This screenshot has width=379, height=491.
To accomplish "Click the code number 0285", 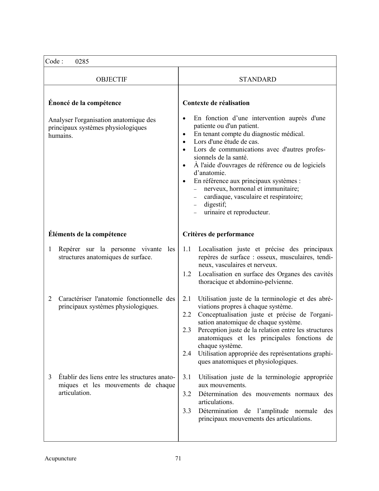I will (82, 62).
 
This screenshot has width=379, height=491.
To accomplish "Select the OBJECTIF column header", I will (111, 79).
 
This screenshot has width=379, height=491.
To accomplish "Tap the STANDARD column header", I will (257, 79).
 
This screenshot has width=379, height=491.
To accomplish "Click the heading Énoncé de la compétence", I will (85, 103).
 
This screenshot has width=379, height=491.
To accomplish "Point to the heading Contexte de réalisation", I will (216, 103).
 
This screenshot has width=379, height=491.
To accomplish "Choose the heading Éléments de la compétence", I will (87, 234).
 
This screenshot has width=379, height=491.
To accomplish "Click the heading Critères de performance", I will (218, 234).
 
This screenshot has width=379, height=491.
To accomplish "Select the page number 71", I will (178, 458).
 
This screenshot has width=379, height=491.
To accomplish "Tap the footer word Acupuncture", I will (60, 459).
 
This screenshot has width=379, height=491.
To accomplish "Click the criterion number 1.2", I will (187, 274).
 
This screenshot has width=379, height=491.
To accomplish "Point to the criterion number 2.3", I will (187, 330).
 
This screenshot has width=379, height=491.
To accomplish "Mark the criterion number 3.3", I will (187, 411).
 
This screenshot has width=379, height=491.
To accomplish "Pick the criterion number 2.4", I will (187, 354).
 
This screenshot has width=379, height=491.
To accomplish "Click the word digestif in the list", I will (215, 204).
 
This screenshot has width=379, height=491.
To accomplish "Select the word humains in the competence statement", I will (60, 136).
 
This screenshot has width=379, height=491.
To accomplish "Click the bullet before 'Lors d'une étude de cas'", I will (185, 142).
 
